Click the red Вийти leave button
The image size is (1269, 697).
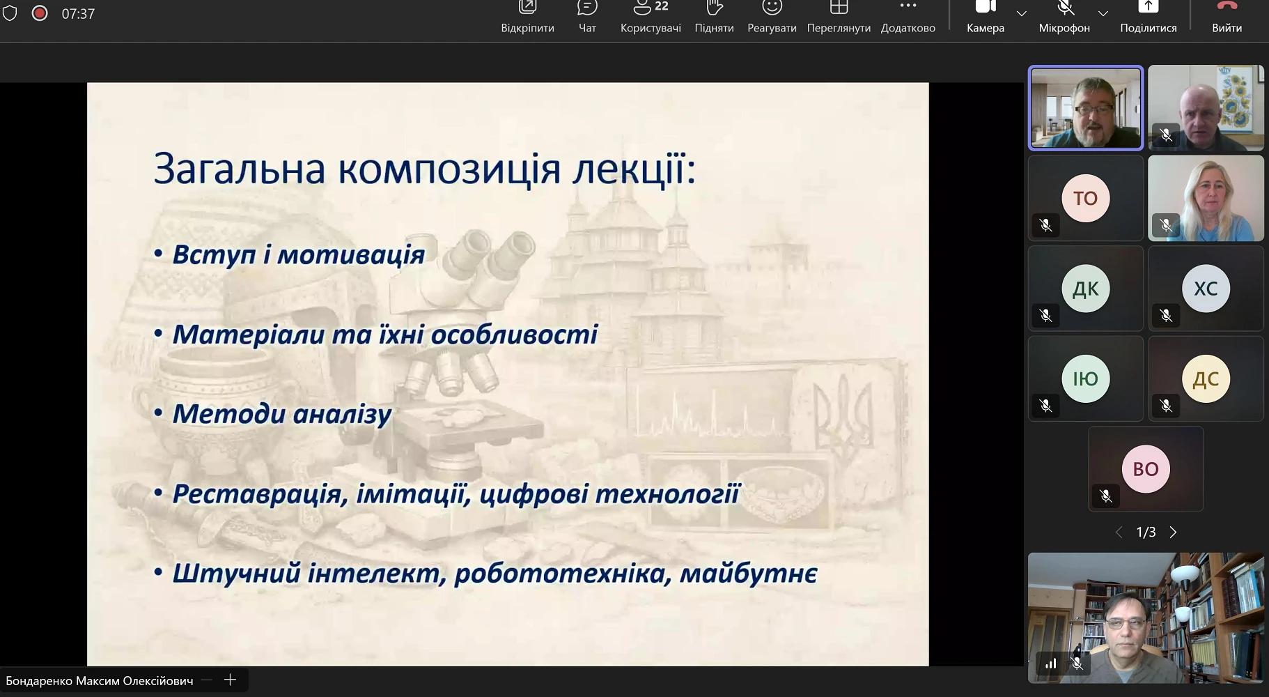1227,17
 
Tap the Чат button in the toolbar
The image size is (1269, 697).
587,17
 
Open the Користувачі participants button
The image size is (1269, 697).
651,17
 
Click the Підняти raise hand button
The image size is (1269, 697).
714,17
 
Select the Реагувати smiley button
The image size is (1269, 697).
772,17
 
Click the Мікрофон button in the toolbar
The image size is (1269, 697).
1064,17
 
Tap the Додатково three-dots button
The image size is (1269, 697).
908,17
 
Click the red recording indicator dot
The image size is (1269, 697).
40,13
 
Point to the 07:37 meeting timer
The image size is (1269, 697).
78,14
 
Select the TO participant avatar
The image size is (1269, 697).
1085,198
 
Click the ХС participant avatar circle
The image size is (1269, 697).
1206,289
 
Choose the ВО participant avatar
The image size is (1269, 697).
1146,469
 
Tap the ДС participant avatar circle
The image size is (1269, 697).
1206,379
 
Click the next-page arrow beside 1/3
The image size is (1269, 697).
1173,533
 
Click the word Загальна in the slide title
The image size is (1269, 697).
240,169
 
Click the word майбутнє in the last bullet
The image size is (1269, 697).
748,574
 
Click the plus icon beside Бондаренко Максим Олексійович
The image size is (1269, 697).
230,680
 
